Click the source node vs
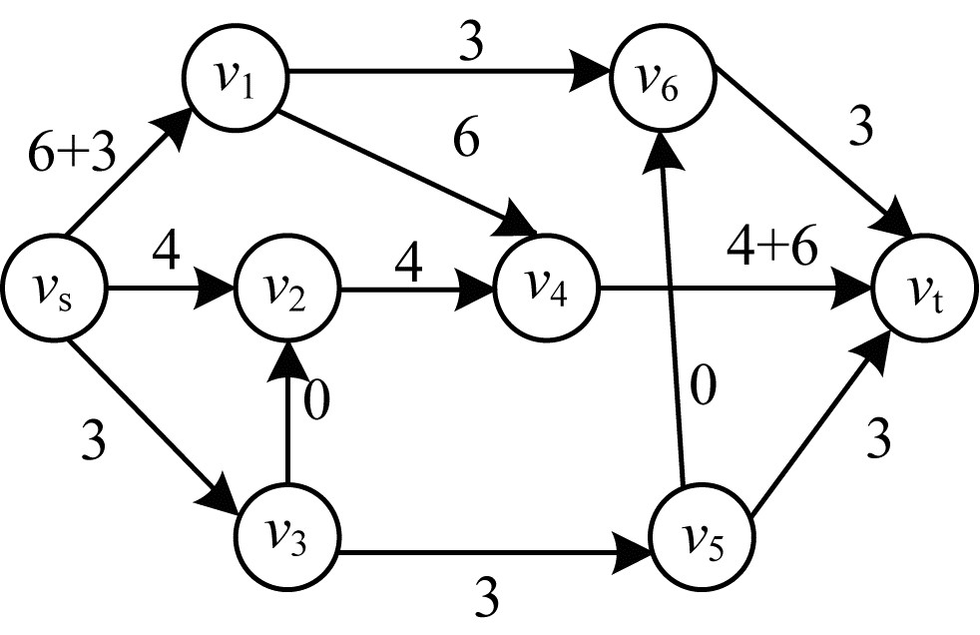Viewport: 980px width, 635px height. tap(54, 289)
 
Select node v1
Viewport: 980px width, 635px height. tap(236, 78)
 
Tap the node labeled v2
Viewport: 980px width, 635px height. tap(286, 289)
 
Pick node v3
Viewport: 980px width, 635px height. tap(286, 535)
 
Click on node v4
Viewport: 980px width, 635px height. tap(546, 289)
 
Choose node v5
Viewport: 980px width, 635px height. tap(702, 535)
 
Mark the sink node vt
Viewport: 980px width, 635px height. tap(924, 289)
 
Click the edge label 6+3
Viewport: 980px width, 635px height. tap(72, 155)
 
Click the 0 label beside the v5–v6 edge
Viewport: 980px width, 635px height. tap(703, 385)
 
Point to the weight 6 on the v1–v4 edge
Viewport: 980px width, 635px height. tap(467, 140)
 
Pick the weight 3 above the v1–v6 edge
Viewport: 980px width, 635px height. tap(471, 44)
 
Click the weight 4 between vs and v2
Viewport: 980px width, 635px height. tap(166, 251)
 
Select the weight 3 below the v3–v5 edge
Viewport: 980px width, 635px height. tap(487, 597)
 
